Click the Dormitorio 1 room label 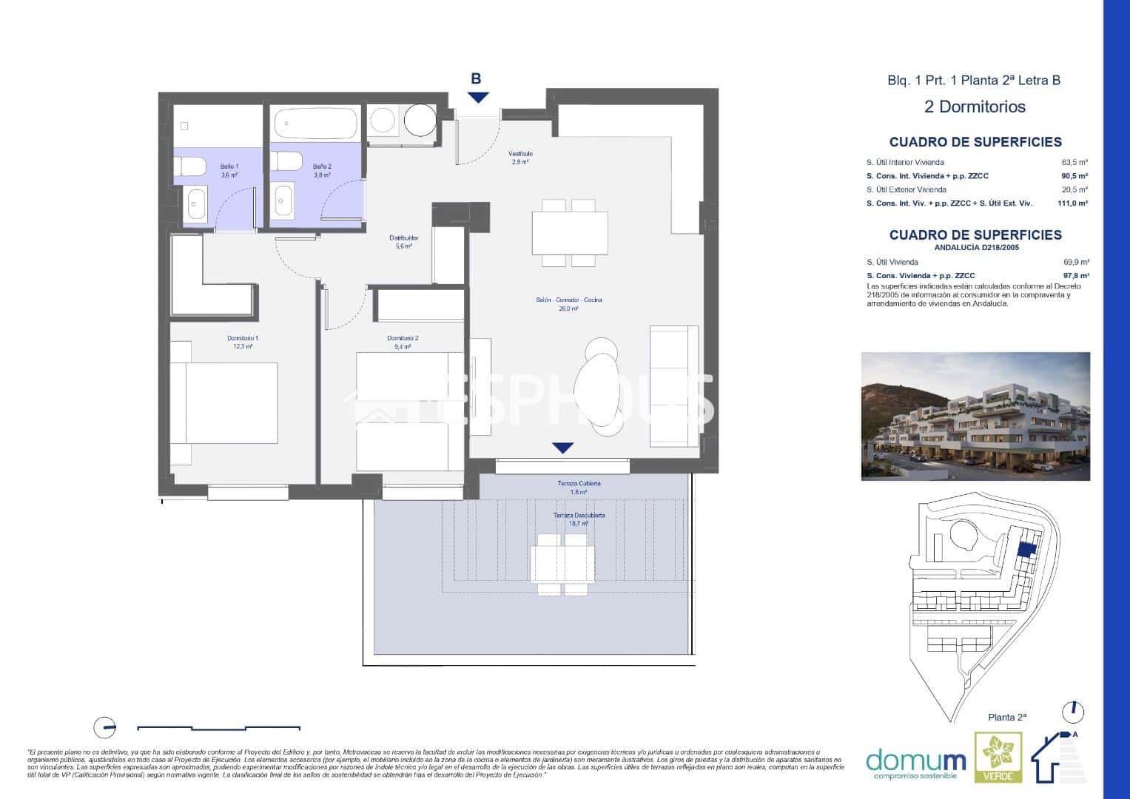[242, 338]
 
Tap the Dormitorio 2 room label [403, 338]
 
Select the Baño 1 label [229, 166]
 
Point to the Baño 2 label [321, 166]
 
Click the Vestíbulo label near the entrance [520, 154]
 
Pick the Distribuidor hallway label [404, 238]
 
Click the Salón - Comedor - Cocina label [568, 300]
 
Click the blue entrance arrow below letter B [478, 97]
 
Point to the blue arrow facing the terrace [563, 448]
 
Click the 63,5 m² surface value [1074, 162]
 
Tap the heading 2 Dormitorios [975, 107]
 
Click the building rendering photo [975, 416]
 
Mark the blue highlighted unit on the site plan [1026, 550]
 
